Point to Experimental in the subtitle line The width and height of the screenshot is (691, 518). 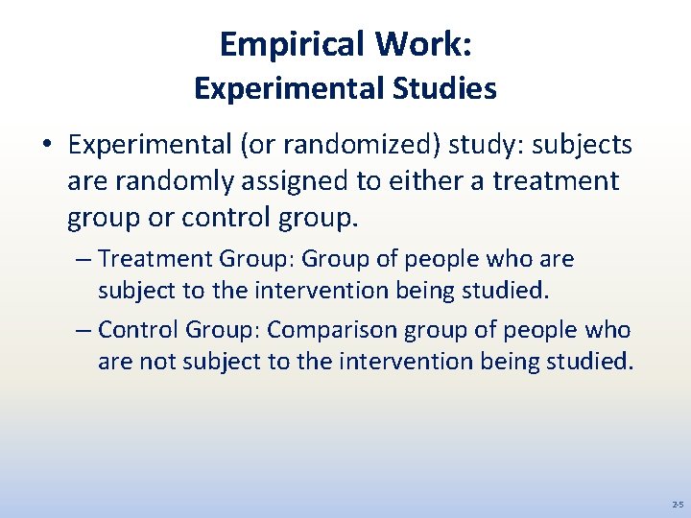(290, 88)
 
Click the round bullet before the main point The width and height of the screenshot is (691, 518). (46, 146)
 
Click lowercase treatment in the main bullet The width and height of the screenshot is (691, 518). (556, 181)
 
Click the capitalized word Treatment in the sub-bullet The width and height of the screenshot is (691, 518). (155, 259)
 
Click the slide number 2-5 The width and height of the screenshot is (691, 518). (677, 504)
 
